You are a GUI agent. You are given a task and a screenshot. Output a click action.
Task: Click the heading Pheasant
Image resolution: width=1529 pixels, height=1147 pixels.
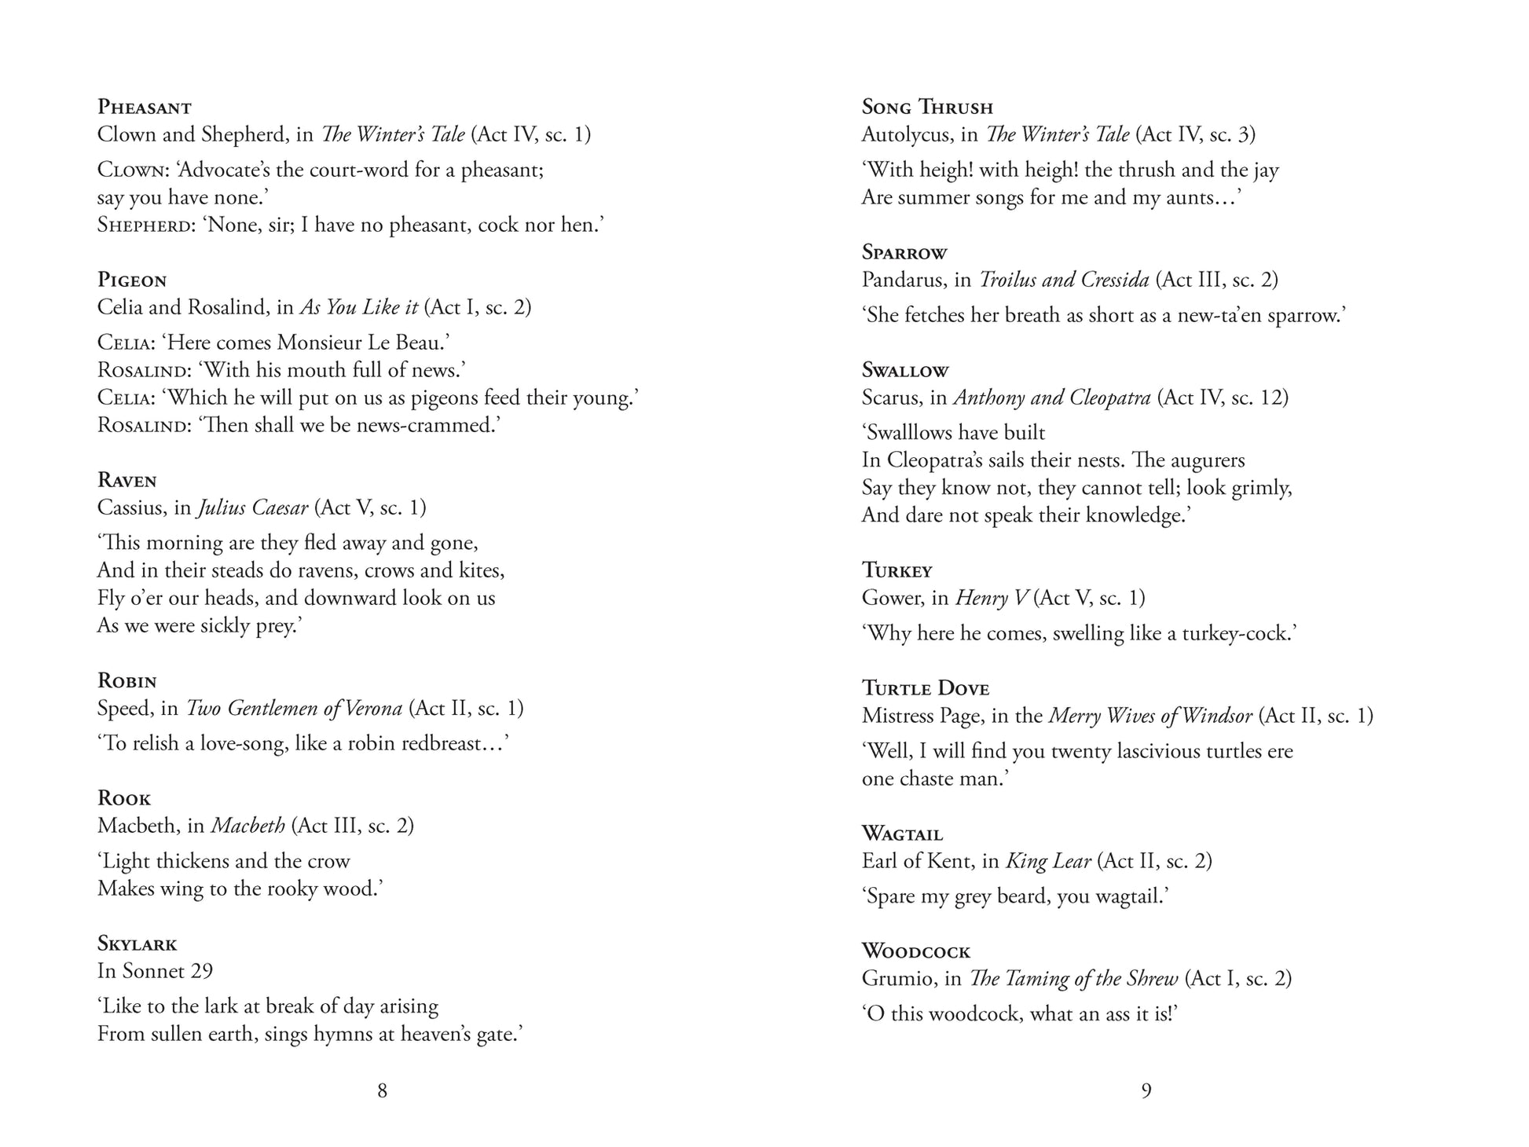[144, 107]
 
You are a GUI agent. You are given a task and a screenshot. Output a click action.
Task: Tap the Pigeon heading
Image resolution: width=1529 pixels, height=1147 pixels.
[132, 280]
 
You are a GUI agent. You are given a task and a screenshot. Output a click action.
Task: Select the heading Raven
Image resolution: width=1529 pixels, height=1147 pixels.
[126, 481]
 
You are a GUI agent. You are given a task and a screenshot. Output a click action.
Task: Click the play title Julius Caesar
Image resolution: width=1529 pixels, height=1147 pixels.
[252, 508]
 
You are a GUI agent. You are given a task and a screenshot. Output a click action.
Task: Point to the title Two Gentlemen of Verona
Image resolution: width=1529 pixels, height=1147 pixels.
[294, 708]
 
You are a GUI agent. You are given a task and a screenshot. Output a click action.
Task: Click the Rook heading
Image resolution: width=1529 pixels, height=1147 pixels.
[123, 799]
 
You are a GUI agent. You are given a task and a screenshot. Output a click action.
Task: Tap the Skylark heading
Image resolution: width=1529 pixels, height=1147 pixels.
[137, 944]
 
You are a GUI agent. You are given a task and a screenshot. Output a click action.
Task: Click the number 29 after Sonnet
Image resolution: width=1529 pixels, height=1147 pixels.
[201, 971]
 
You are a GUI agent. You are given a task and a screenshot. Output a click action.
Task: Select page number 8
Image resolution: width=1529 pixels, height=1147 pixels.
[382, 1090]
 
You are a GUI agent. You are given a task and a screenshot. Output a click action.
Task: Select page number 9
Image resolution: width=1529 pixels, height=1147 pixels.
[1146, 1090]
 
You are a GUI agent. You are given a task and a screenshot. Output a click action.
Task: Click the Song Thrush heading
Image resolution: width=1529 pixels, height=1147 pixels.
[927, 107]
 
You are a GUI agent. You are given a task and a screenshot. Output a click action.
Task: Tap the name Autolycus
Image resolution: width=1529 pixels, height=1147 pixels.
[900, 134]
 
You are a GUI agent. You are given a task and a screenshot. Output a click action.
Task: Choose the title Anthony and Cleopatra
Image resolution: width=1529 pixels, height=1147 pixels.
[1052, 398]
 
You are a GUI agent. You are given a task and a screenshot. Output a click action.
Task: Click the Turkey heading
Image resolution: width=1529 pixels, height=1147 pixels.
[896, 570]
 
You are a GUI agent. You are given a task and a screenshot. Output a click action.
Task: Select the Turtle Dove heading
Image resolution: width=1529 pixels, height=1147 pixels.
[925, 689]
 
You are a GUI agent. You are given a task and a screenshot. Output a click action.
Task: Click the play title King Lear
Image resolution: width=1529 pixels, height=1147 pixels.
[1048, 861]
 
